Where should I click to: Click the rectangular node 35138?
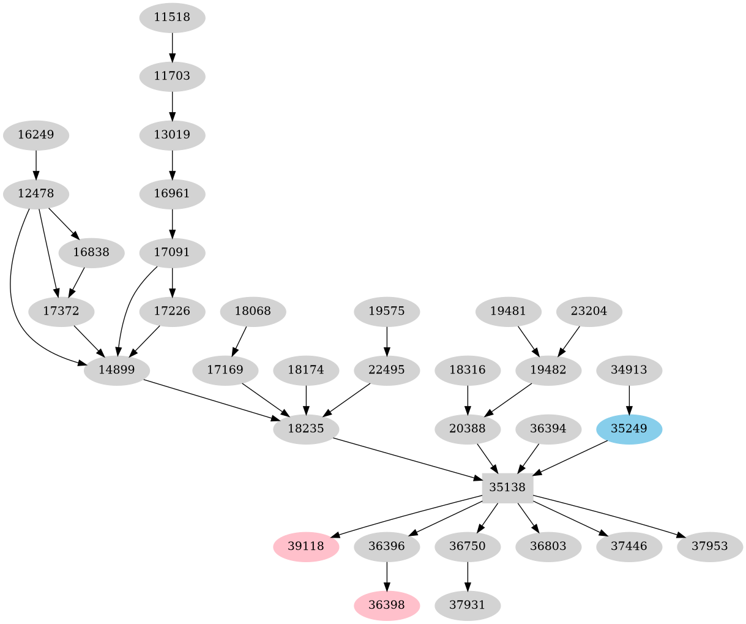point(507,487)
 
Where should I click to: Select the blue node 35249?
point(629,429)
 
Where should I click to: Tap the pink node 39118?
point(306,546)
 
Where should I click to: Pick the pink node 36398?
point(386,605)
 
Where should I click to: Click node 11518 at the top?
point(172,17)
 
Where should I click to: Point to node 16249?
point(35,135)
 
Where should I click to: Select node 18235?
point(306,429)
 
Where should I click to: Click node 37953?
point(710,546)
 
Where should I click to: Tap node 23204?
point(589,311)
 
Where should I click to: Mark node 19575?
point(386,311)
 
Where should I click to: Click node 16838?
point(91,252)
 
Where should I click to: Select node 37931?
point(468,605)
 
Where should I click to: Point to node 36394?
point(548,429)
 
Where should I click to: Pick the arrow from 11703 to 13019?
point(172,105)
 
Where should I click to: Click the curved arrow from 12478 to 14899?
point(12,294)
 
